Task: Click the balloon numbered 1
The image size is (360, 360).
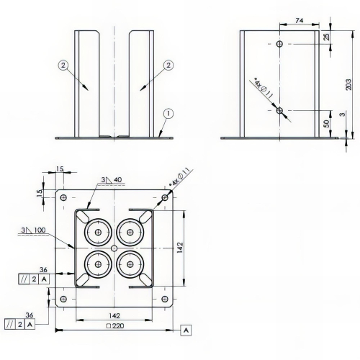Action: point(168,114)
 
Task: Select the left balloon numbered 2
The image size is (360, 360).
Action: point(63,66)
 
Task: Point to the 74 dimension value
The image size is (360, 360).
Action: point(299,21)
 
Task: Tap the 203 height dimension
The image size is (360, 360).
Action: point(348,84)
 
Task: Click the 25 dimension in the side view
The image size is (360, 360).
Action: point(327,37)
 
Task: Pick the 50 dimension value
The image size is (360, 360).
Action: point(327,123)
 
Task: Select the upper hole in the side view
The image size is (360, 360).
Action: point(279,44)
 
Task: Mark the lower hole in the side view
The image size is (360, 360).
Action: point(279,111)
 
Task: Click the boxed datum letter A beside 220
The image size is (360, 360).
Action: point(186,330)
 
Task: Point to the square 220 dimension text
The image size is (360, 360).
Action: point(115,325)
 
